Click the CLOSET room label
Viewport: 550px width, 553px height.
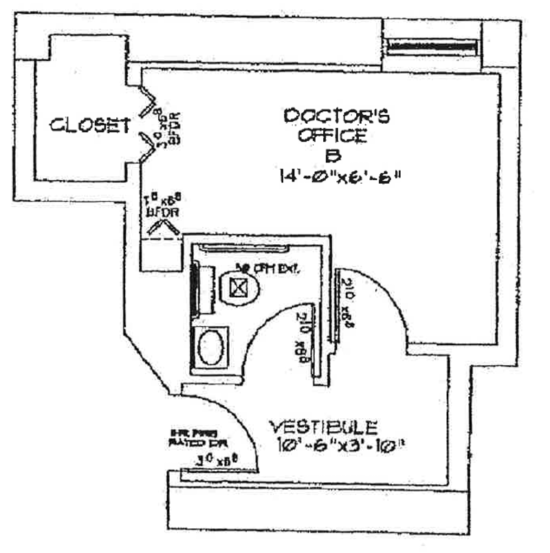click(90, 125)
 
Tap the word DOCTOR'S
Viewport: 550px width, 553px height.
click(337, 116)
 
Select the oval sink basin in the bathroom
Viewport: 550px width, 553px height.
click(210, 348)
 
